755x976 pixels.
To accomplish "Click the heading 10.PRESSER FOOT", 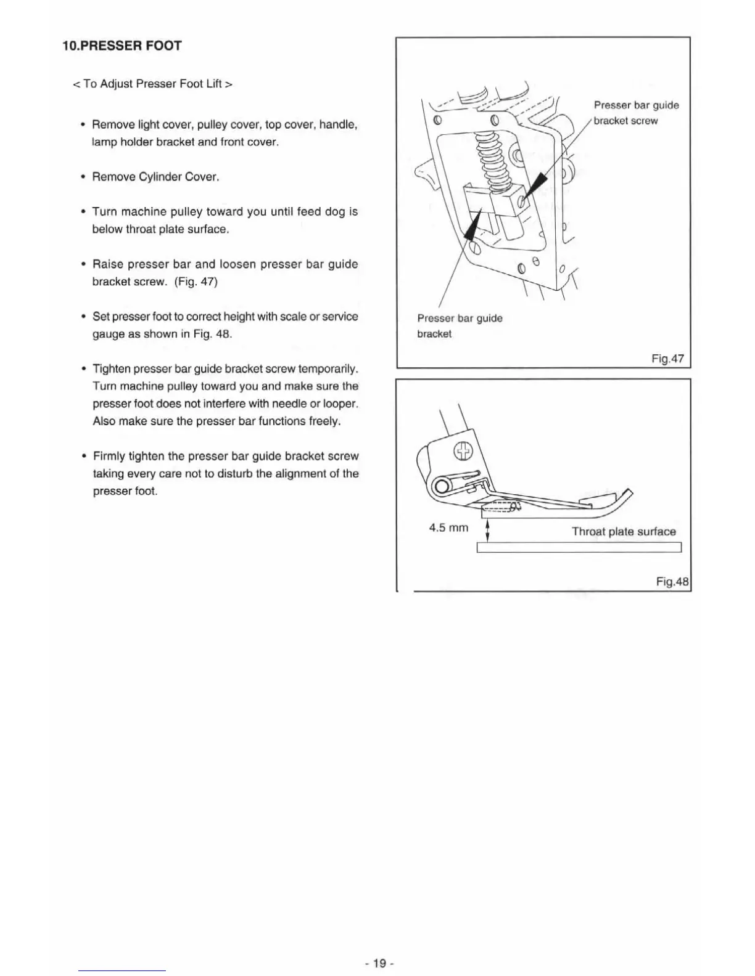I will [x=122, y=46].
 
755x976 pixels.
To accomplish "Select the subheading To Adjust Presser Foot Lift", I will [x=152, y=84].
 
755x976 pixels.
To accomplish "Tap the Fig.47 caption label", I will [x=667, y=359].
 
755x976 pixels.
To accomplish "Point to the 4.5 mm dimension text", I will [x=448, y=527].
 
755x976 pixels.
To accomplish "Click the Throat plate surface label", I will [x=624, y=531].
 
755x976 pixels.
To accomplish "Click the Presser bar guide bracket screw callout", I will [x=635, y=113].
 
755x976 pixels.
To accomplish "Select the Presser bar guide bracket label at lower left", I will [x=460, y=326].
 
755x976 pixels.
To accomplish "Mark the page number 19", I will [x=379, y=963].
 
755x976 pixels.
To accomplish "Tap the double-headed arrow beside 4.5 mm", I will [x=488, y=530].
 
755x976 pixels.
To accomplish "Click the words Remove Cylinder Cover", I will [x=155, y=177].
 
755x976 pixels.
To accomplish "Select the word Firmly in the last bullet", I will [x=109, y=456].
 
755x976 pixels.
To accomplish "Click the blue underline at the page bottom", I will [x=122, y=971].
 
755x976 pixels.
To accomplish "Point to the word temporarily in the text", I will [x=328, y=369].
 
